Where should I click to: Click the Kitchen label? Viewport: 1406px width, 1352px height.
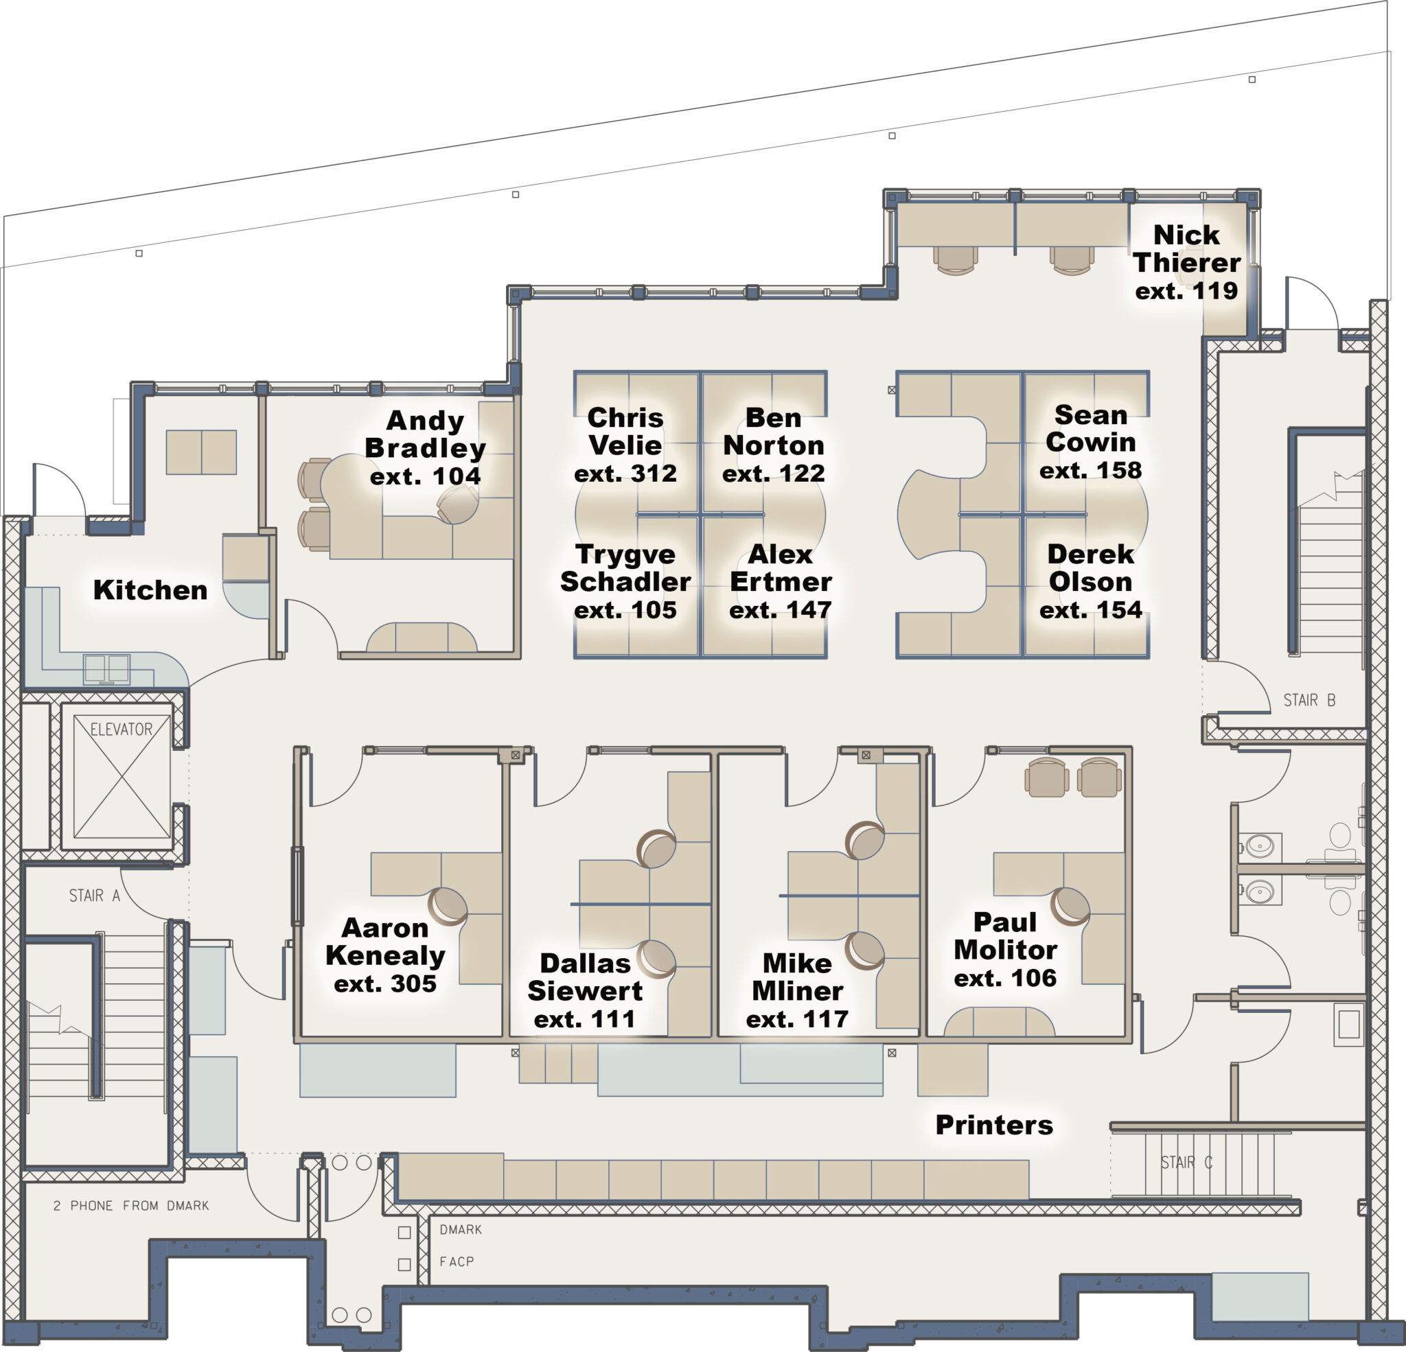150,590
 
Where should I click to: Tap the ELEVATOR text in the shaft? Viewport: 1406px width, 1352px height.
122,730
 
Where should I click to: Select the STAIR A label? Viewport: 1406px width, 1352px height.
94,895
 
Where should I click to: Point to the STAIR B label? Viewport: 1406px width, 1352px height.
1309,700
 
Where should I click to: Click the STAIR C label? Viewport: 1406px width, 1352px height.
1186,1163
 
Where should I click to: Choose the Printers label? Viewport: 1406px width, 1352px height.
994,1125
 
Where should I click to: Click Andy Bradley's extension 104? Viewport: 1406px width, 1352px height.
426,476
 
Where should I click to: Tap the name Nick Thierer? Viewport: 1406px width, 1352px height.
1186,249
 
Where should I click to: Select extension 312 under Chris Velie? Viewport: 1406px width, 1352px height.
625,474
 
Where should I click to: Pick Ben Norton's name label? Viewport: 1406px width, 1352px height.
773,431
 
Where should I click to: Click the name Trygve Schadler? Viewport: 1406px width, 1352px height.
625,568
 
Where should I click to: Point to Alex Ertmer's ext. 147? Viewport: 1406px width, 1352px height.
780,610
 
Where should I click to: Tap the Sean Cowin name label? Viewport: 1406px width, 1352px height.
1090,428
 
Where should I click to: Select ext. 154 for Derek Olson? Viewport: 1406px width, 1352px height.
1090,610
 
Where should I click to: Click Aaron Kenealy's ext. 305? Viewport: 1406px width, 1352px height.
385,984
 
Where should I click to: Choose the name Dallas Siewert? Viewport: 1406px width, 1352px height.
585,977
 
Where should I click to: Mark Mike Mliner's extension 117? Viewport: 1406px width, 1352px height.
797,1019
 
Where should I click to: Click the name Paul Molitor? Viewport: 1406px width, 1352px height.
1005,936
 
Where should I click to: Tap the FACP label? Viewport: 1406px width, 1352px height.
457,1261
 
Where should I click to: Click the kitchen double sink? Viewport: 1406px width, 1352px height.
107,668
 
